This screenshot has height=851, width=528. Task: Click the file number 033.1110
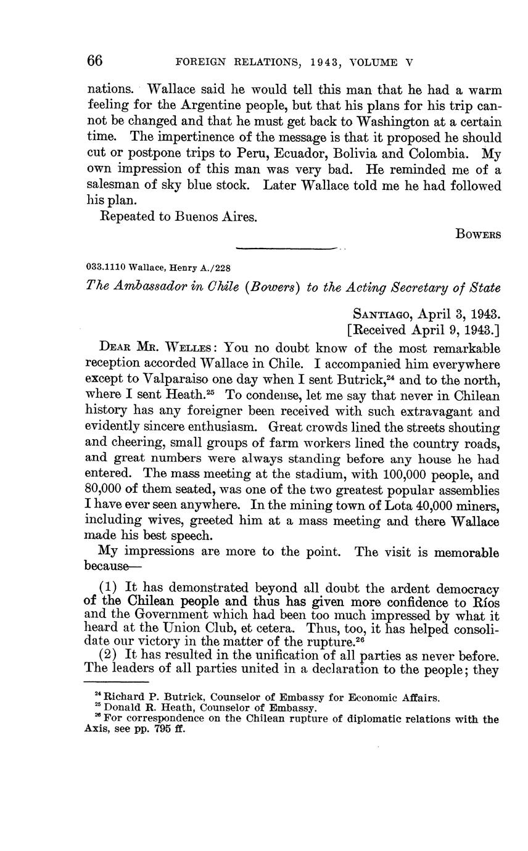pos(105,266)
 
